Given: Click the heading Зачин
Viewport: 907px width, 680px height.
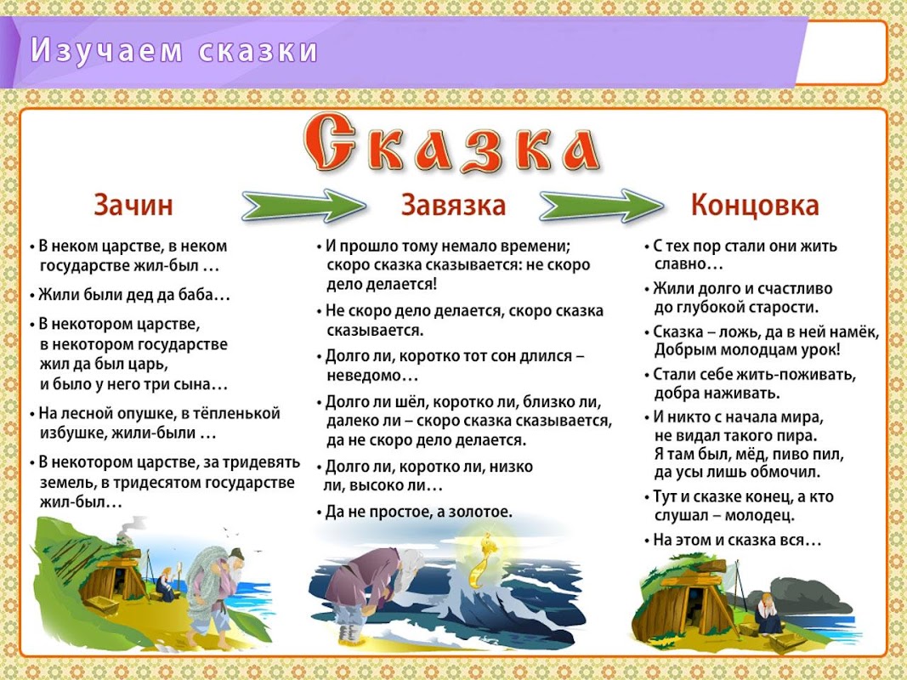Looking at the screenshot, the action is (x=133, y=205).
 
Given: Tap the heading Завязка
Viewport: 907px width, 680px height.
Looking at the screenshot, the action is (x=454, y=205).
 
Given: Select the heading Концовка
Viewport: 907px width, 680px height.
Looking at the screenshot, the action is (x=755, y=206).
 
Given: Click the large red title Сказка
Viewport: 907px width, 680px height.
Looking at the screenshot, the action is (x=451, y=144).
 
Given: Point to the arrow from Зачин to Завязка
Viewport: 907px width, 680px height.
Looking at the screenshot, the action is (x=303, y=205).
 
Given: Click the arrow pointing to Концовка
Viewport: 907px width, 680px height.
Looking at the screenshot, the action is (x=602, y=205).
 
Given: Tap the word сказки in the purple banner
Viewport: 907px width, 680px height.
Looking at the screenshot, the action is (x=258, y=50).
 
